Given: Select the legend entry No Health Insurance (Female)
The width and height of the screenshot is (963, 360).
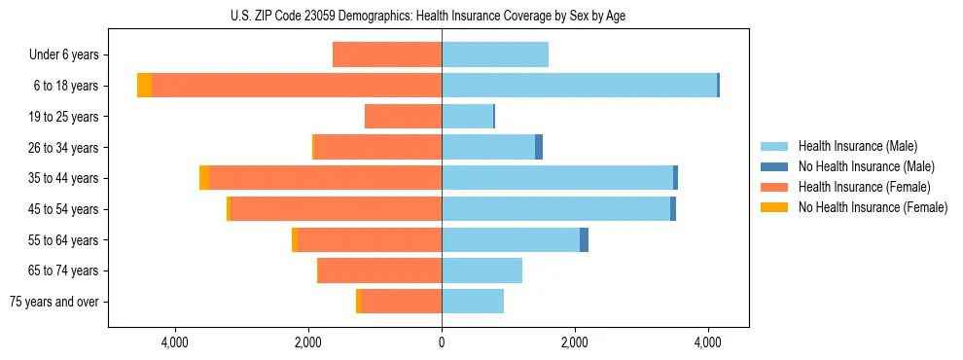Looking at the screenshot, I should click(873, 207).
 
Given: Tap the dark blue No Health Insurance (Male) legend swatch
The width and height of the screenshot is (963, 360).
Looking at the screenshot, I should click(774, 166).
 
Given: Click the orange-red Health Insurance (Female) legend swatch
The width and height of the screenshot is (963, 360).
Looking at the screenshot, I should click(774, 187).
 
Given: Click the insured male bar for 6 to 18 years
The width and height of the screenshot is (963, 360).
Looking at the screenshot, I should click(579, 86).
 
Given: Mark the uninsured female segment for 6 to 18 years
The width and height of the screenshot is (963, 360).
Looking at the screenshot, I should click(144, 86).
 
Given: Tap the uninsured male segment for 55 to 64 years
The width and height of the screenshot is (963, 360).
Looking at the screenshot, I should click(584, 239).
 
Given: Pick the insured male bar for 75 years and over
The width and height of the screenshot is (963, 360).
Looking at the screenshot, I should click(473, 302).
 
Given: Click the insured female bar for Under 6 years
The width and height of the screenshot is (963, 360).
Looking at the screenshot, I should click(387, 55).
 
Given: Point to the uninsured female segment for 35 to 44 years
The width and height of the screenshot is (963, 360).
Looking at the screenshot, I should click(204, 178).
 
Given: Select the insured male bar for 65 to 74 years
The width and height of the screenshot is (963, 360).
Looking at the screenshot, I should click(481, 270).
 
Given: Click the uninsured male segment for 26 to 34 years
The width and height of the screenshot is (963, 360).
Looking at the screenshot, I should click(539, 147).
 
